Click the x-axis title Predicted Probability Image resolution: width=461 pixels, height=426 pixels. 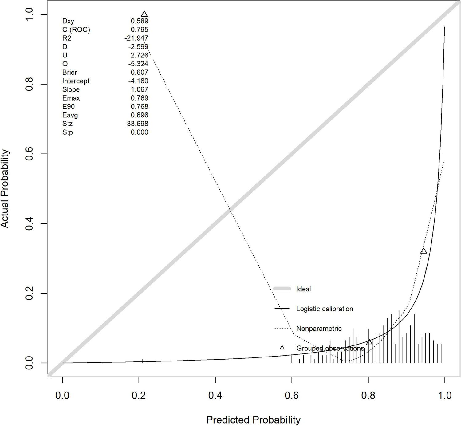[253, 420]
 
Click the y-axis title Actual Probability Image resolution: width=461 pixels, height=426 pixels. [5, 189]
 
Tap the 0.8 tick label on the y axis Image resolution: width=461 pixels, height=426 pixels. [29, 84]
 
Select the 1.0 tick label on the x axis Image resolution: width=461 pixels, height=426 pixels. [444, 395]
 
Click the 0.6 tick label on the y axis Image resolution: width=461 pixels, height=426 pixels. [29, 154]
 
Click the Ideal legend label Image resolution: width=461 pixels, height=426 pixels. [303, 289]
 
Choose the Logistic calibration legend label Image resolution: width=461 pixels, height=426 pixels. [325, 309]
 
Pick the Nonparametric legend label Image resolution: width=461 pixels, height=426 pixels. [319, 329]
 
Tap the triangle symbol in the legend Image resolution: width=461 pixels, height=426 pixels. [282, 348]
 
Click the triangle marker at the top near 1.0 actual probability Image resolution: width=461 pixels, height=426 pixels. [144, 14]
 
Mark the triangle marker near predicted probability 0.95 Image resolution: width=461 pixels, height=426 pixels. [424, 251]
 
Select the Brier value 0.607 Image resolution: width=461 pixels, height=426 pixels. [139, 73]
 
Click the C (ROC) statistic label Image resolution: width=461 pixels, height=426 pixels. [76, 30]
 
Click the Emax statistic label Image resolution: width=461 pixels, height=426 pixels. [71, 98]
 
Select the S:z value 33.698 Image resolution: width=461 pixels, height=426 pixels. [137, 124]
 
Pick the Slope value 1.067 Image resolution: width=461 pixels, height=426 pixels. [139, 90]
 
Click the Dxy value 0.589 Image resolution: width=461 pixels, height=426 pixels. [139, 21]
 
